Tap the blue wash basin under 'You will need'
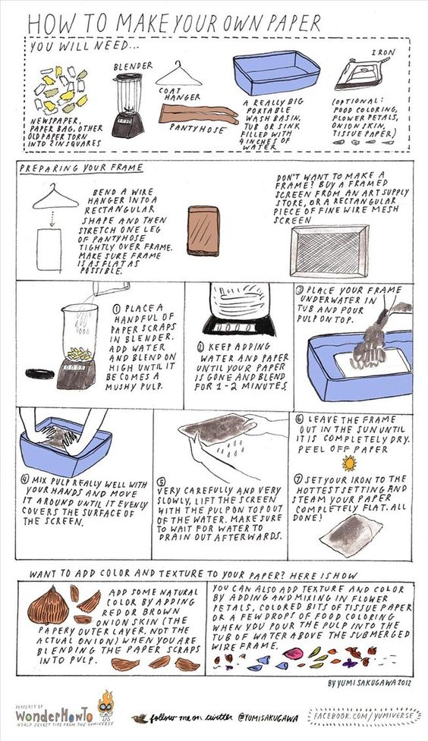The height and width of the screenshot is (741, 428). tap(277, 74)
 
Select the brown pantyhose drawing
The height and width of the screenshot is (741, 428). tap(198, 114)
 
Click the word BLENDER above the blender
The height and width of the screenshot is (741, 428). tap(133, 66)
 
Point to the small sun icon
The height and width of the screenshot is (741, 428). tap(349, 463)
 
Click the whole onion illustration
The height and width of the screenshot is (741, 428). tap(48, 604)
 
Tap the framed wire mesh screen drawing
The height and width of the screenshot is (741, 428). tap(329, 251)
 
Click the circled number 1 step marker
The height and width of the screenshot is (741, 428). tap(116, 309)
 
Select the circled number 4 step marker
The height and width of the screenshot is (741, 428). tap(24, 479)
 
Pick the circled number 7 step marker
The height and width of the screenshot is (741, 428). tap(298, 479)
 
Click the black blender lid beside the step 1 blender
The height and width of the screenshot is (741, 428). tap(39, 374)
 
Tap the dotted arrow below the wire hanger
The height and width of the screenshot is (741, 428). tap(52, 218)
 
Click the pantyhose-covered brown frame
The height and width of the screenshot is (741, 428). tap(203, 231)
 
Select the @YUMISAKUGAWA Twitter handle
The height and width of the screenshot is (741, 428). tap(268, 718)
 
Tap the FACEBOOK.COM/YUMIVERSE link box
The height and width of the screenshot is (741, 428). tap(363, 717)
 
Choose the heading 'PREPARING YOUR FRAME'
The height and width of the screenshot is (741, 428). tap(81, 168)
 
